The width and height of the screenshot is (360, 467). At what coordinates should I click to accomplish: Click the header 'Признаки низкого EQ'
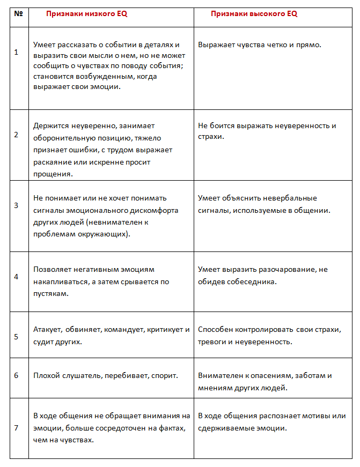(x=86, y=14)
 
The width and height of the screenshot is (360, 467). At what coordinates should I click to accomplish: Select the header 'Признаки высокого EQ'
(x=254, y=14)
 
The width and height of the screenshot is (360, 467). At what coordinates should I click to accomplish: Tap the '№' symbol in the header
(x=18, y=14)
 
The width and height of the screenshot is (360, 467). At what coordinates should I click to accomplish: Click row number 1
(x=16, y=52)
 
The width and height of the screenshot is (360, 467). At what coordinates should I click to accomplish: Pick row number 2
(x=16, y=135)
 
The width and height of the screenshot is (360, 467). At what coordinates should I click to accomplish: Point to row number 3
(x=16, y=205)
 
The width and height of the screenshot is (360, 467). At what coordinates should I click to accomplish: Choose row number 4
(x=16, y=277)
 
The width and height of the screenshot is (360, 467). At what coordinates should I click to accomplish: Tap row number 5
(x=16, y=337)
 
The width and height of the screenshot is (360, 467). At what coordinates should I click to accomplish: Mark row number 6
(x=16, y=376)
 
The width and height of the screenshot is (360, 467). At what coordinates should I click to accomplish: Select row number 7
(x=16, y=428)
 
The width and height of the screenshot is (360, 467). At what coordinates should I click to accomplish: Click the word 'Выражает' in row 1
(x=214, y=44)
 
